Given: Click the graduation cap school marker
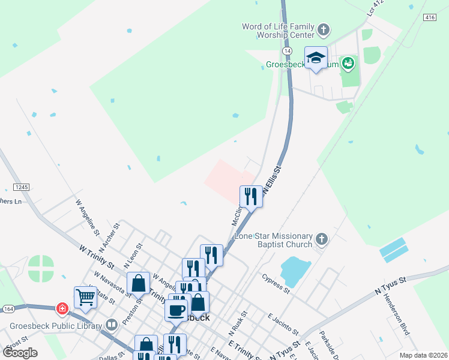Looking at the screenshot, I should pos(316,58).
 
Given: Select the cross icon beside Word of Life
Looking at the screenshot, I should pos(323,29).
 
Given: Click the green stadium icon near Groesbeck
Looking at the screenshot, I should pos(348,62).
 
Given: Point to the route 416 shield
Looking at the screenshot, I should pos(429,17).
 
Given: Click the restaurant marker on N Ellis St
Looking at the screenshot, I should pos(250,196).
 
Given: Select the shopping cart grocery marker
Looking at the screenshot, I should pos(86,296).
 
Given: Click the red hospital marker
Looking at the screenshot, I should pos(62,309).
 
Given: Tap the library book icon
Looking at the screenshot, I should pos(111,325).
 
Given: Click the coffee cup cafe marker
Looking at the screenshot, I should pos(176,310).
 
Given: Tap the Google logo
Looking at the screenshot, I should pos(20,353).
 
